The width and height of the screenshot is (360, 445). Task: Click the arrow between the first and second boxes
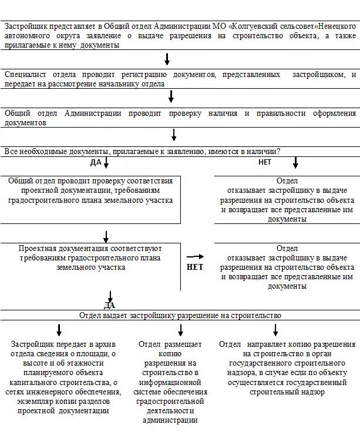click(x=167, y=59)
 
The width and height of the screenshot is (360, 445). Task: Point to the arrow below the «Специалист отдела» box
click(x=171, y=96)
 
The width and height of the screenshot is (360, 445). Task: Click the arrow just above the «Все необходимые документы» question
click(x=174, y=135)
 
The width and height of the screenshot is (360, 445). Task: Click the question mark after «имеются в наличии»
click(x=278, y=151)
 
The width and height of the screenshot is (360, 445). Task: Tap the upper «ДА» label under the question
click(x=96, y=162)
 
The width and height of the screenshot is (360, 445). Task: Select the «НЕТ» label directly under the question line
click(x=265, y=162)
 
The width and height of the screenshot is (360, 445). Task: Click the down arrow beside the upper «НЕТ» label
click(x=295, y=162)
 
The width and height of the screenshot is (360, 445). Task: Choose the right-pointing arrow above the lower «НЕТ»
click(x=195, y=256)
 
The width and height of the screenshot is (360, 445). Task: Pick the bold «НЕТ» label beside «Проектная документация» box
click(x=194, y=266)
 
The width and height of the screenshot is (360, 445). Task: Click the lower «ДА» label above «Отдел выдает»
click(x=110, y=305)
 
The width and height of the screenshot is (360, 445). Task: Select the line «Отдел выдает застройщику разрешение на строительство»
click(x=180, y=315)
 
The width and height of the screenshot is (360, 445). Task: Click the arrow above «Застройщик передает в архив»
click(x=59, y=330)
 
